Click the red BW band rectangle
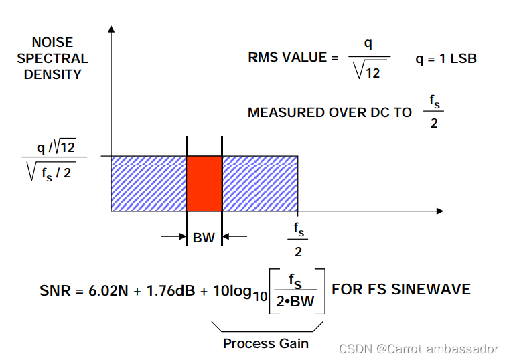tap(204, 183)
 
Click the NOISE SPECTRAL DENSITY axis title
tap(52, 58)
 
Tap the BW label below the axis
tap(204, 237)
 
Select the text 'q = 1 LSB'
tap(446, 58)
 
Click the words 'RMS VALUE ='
tap(293, 58)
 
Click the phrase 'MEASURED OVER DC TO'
tap(330, 112)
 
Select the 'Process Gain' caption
tap(266, 343)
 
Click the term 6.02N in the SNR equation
tap(111, 290)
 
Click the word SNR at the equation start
tap(54, 290)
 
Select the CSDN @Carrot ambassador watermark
tap(419, 349)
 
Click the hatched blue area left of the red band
tap(148, 183)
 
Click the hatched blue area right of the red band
tap(260, 183)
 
